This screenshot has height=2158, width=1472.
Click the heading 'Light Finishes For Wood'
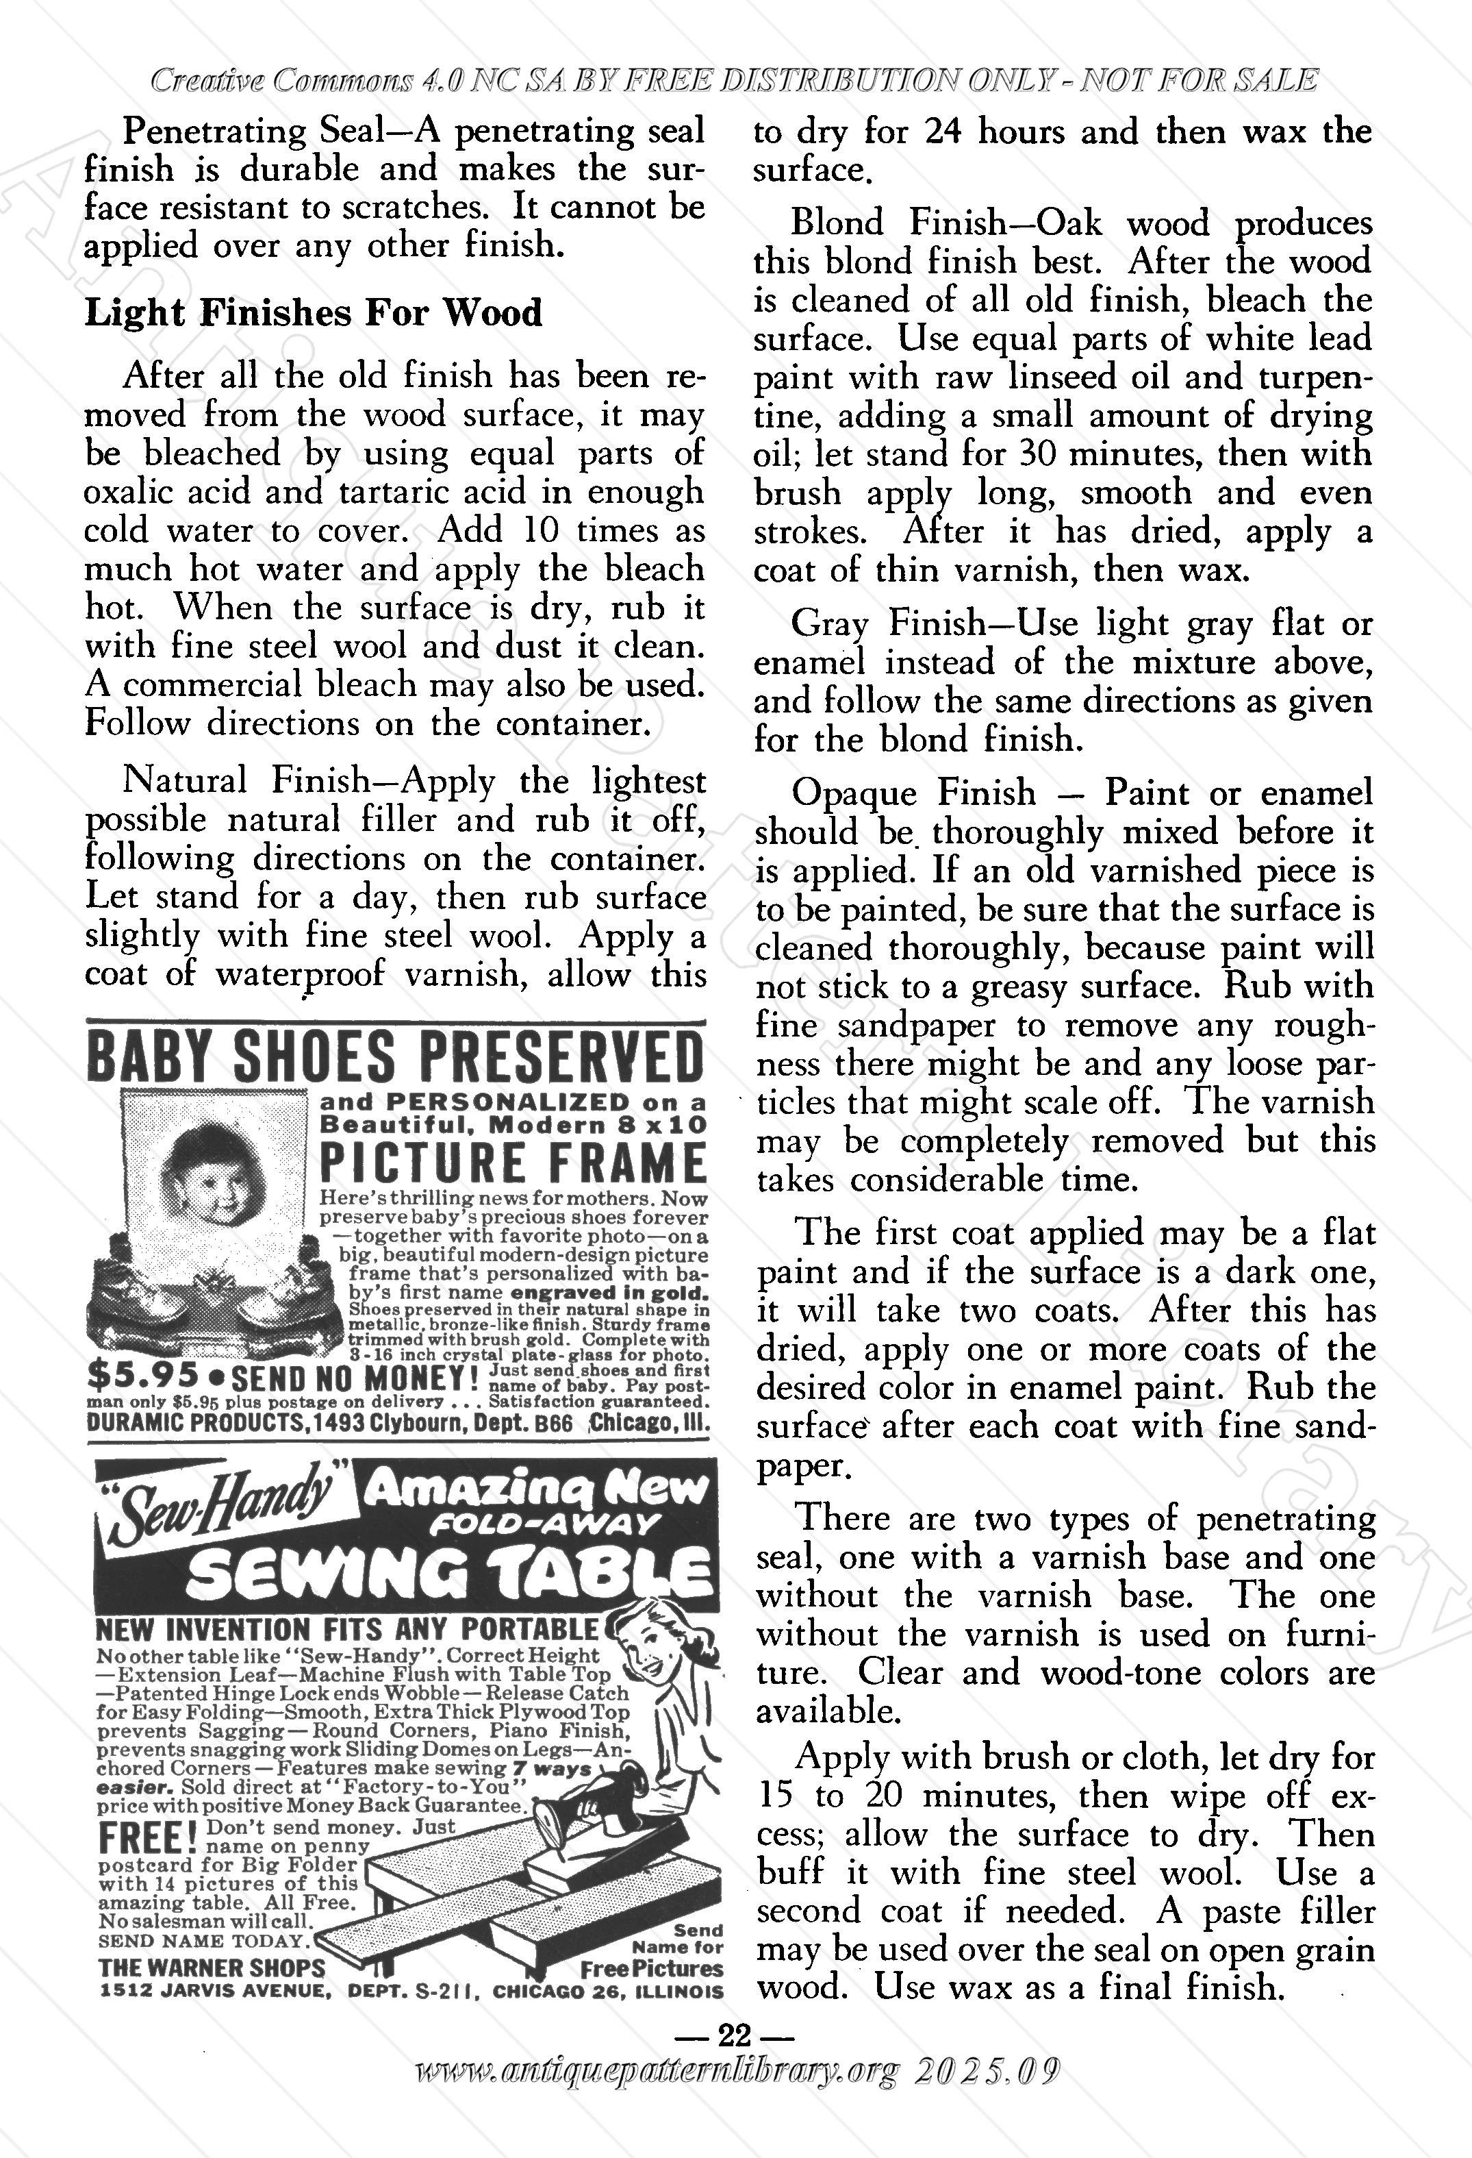pyautogui.click(x=313, y=313)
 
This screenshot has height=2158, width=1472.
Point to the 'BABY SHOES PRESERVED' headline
pyautogui.click(x=394, y=1058)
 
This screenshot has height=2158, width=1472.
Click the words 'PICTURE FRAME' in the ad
pyautogui.click(x=512, y=1162)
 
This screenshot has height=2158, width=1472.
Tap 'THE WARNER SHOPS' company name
pyautogui.click(x=212, y=1968)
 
